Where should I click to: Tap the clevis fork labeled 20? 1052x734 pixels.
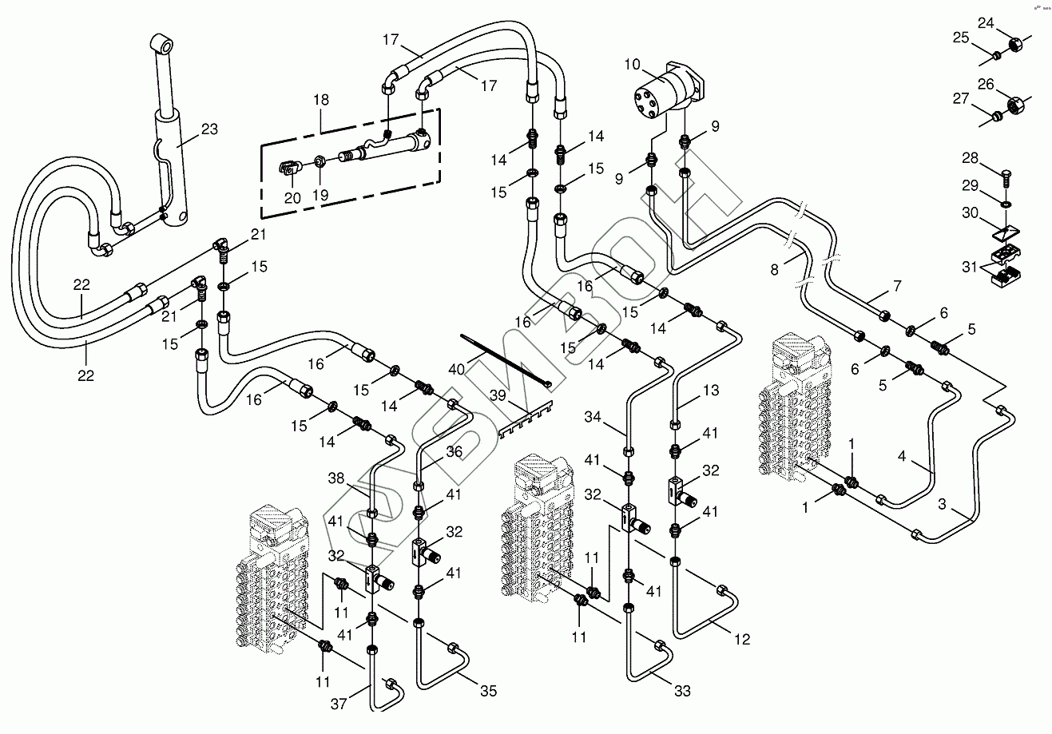point(291,168)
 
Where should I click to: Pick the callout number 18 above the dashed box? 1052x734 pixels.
point(320,101)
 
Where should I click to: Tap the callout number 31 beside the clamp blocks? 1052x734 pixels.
point(969,267)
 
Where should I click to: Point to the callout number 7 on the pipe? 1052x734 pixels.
point(896,285)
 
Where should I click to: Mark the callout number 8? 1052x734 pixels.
point(773,270)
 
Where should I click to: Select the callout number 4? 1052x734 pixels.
point(902,458)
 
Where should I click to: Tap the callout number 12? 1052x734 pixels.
point(742,639)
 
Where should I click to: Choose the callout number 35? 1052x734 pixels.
point(488,689)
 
